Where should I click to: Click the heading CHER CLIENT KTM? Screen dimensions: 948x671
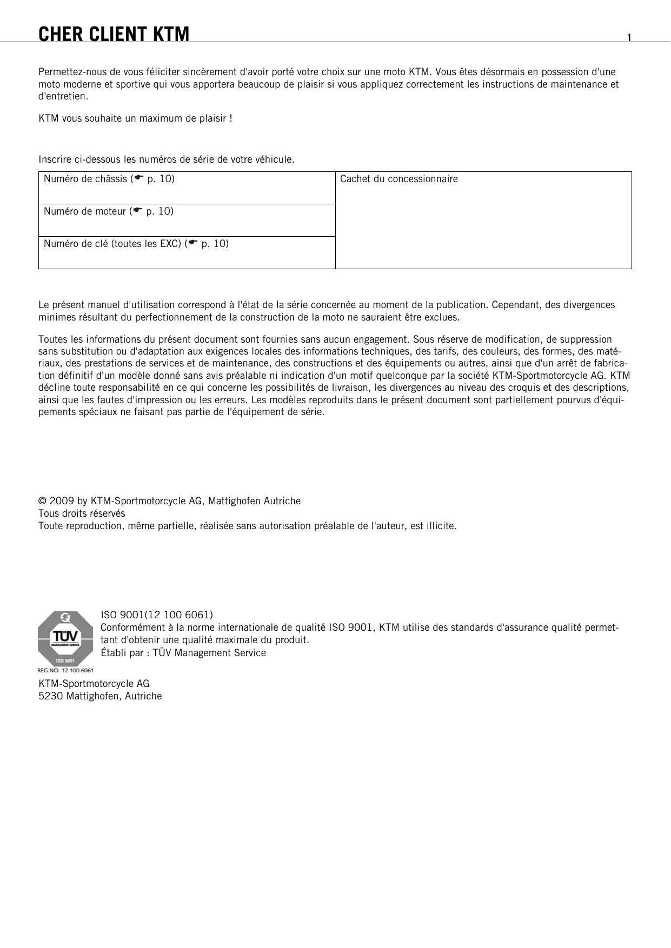[114, 35]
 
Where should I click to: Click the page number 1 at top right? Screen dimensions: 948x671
[629, 37]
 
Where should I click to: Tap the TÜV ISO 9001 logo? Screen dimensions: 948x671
[65, 638]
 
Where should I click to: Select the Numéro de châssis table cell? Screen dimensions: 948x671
[187, 188]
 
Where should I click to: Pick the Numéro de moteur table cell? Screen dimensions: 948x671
[187, 220]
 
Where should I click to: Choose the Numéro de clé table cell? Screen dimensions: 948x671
[187, 252]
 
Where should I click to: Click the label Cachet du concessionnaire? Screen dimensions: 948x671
[398, 179]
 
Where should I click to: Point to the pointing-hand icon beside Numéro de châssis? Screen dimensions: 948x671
[138, 178]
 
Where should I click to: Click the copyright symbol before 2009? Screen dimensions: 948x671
[42, 501]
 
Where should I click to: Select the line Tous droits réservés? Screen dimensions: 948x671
[82, 513]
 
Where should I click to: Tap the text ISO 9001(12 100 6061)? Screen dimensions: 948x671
[157, 615]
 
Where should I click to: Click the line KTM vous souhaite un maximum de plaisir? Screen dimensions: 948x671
[135, 118]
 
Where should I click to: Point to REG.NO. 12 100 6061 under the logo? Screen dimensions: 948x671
[65, 671]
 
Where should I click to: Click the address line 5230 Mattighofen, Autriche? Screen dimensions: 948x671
[100, 696]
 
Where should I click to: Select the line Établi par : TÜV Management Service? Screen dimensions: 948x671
[183, 653]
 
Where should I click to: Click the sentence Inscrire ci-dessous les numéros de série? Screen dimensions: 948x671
[167, 159]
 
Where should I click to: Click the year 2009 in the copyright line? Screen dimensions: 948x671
[60, 501]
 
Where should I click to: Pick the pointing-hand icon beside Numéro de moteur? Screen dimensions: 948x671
[137, 211]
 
